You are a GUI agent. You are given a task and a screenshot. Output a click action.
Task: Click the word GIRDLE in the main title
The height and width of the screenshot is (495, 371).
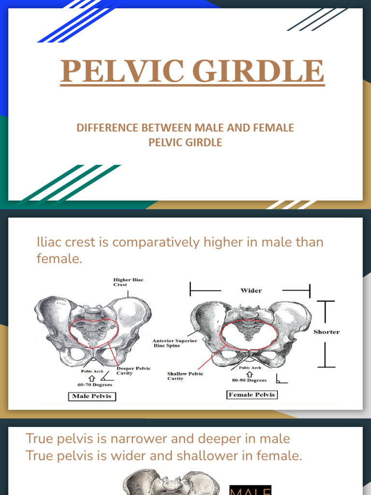[x=258, y=72]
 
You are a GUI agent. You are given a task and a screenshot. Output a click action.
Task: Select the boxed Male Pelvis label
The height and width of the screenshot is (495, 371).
[x=91, y=397]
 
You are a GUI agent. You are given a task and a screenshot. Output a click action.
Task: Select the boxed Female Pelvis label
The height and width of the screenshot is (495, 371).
[x=252, y=395]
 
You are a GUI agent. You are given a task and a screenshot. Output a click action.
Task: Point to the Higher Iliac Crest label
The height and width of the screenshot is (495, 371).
[x=128, y=282]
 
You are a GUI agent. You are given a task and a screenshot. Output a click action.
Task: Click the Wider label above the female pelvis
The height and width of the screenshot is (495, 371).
[x=251, y=291]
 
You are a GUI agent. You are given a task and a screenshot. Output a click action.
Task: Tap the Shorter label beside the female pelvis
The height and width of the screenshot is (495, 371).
[x=327, y=332]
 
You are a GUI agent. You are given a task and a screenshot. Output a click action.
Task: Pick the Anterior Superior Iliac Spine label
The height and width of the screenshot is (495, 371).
[x=175, y=343]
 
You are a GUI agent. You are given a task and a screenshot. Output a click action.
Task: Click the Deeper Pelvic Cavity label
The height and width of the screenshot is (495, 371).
[x=134, y=371]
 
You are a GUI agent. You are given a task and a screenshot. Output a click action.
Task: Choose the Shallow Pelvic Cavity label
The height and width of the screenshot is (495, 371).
[x=185, y=376]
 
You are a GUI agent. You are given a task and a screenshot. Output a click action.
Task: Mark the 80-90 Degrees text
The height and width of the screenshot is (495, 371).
[x=249, y=380]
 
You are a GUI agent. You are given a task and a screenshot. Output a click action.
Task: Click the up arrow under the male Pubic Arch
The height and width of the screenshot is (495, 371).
[x=91, y=378]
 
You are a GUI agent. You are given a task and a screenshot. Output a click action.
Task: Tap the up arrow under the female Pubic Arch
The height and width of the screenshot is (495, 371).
[x=249, y=374]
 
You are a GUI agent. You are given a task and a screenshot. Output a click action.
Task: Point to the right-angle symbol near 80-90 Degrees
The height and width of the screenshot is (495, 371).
[x=282, y=379]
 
